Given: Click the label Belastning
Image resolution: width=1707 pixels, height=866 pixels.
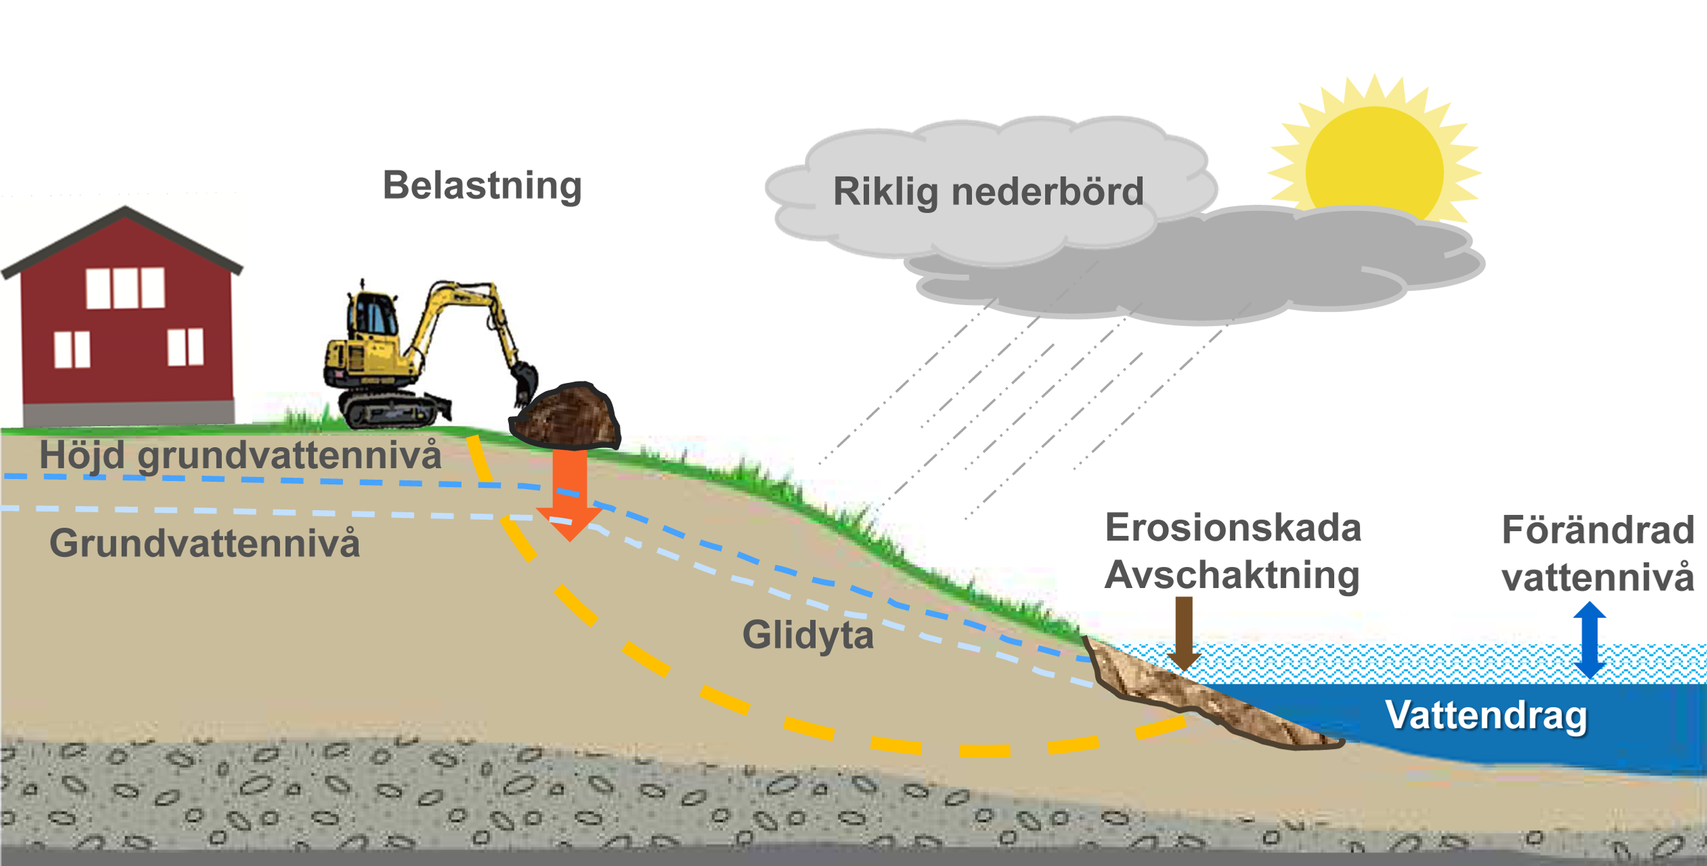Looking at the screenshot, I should coord(482,185).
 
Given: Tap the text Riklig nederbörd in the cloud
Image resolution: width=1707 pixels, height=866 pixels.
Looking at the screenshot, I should coord(988,191).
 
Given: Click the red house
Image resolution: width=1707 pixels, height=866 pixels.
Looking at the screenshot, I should coord(126,325).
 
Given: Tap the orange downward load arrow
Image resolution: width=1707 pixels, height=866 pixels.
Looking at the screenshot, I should coord(569,494).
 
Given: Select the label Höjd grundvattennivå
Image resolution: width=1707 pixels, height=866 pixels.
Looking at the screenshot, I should coord(240,455).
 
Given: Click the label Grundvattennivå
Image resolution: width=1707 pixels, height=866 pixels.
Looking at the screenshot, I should coord(204,543).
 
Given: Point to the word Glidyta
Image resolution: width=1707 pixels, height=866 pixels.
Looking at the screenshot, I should coord(807,635).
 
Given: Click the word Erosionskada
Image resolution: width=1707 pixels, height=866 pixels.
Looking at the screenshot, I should coord(1233,528).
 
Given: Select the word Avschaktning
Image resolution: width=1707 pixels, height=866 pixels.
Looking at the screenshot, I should coord(1232,575).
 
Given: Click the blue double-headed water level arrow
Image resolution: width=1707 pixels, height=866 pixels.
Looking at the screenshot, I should coord(1589,640).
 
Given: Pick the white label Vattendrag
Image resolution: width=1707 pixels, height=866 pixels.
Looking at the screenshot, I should coord(1486,715).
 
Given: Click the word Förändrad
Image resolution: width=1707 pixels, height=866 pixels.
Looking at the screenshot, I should coord(1597,530).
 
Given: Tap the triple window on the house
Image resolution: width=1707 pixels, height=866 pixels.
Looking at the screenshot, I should coord(125,288).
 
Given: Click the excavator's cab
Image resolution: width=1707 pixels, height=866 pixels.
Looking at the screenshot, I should coord(372,315).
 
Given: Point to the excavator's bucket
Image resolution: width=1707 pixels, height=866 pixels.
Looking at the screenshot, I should coord(524,382).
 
